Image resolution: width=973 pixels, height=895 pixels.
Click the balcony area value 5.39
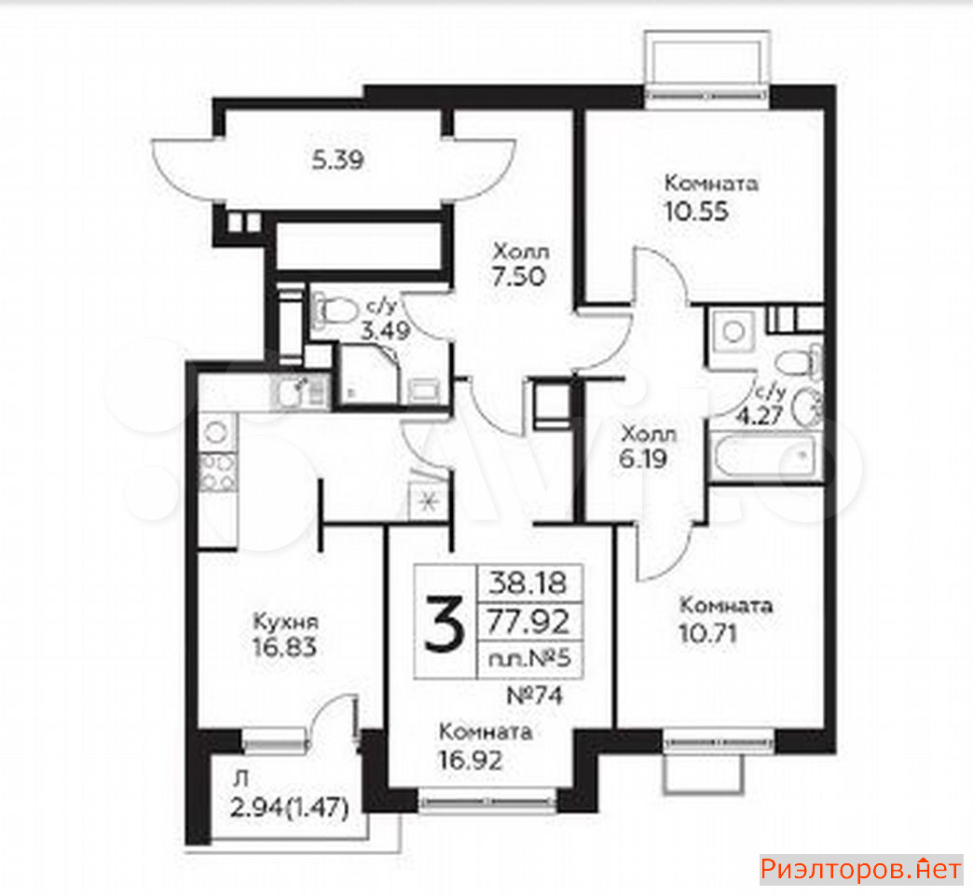(x=337, y=160)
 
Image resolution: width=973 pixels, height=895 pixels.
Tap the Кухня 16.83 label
(x=285, y=634)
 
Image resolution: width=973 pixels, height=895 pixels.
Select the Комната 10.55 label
(x=711, y=198)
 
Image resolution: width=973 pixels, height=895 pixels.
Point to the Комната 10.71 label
(x=726, y=619)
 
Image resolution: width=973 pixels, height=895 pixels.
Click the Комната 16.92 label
(x=486, y=746)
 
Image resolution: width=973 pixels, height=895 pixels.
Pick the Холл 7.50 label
(x=520, y=265)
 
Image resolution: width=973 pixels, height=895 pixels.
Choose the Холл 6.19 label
(x=648, y=447)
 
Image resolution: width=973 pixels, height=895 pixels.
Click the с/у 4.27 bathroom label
(x=761, y=405)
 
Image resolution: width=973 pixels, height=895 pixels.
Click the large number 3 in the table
(x=445, y=623)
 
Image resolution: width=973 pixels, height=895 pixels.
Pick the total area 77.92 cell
(x=528, y=621)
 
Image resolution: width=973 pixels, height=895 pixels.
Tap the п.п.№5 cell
(x=529, y=658)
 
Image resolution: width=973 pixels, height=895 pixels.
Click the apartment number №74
(x=535, y=695)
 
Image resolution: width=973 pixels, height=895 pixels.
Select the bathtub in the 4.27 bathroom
(x=764, y=455)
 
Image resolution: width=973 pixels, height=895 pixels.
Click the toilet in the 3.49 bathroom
(x=336, y=310)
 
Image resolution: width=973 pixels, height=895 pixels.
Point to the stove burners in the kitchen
(x=217, y=472)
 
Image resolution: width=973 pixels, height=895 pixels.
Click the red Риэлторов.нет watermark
(x=861, y=870)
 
